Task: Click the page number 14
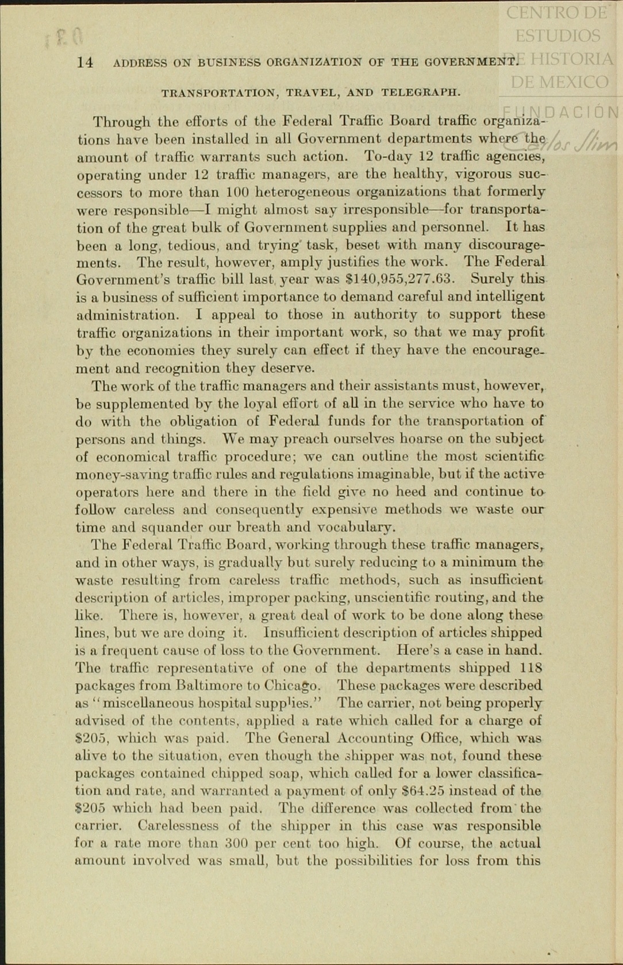tap(84, 63)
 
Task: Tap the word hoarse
tap(418, 439)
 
